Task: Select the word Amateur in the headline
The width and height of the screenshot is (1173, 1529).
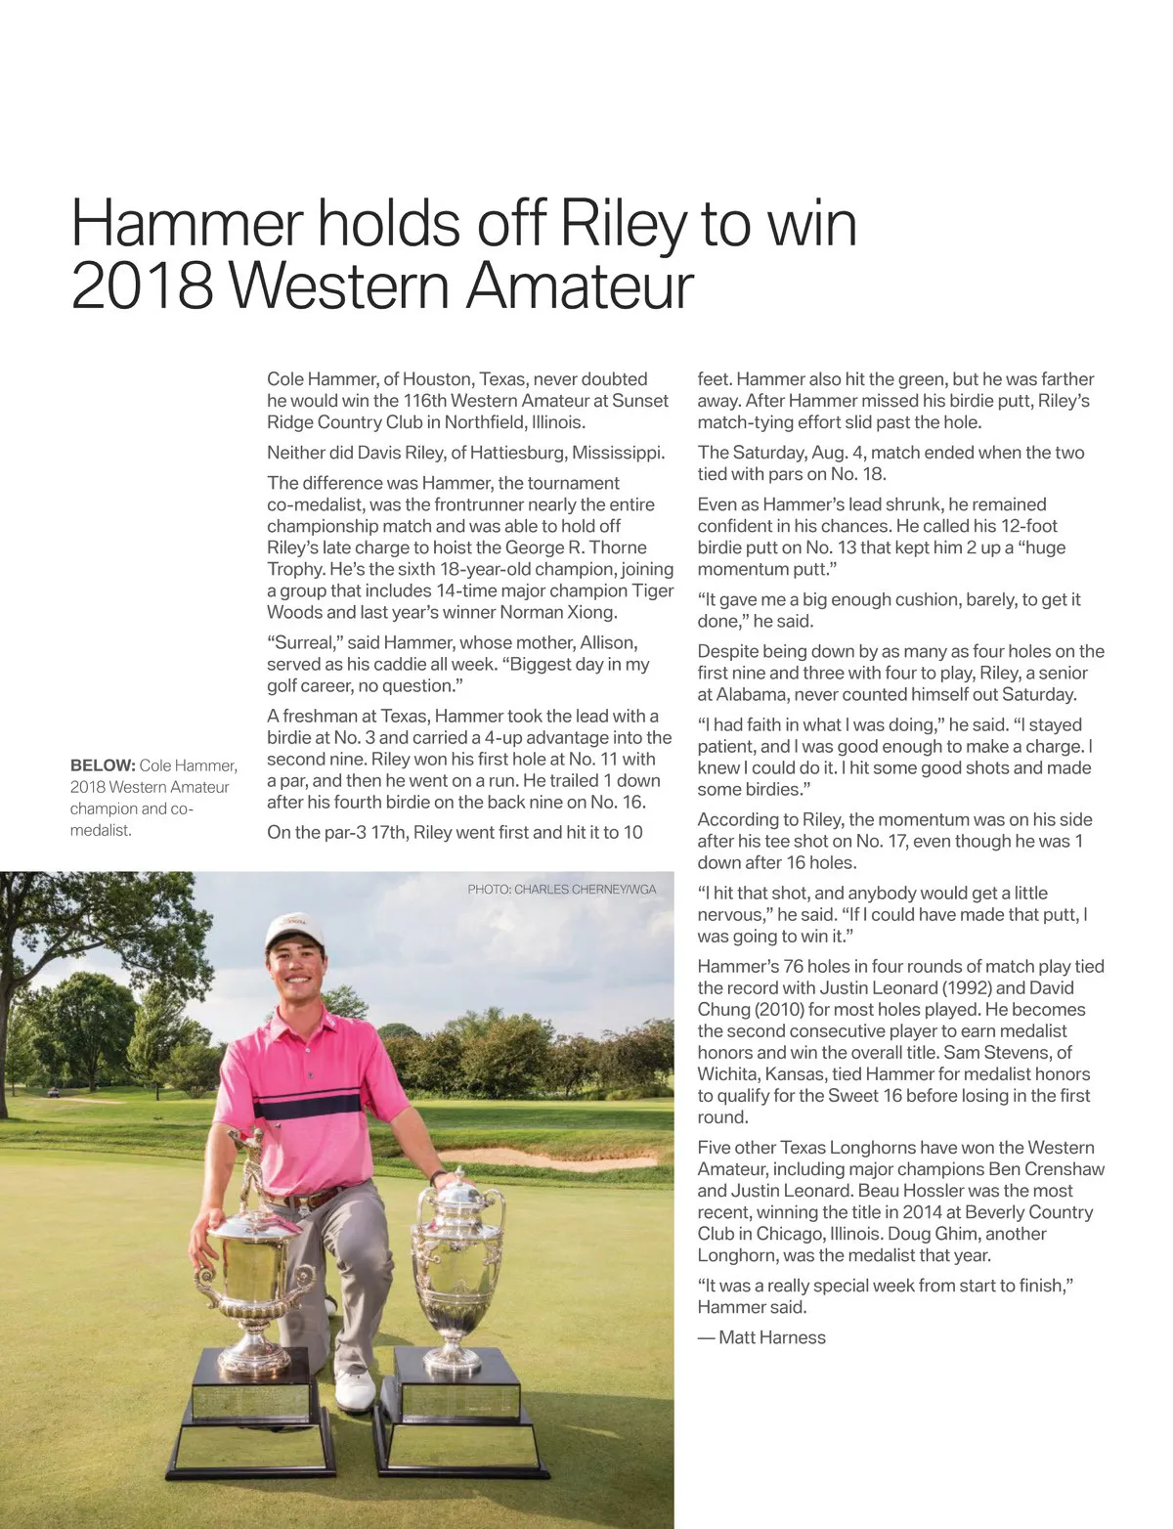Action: [x=579, y=285]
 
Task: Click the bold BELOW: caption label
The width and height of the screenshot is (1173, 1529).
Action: [x=102, y=765]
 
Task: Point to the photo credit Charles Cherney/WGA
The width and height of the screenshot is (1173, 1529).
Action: [x=562, y=890]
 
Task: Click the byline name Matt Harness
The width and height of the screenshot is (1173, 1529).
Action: [x=771, y=1337]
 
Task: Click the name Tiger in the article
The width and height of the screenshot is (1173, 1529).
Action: [x=652, y=590]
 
